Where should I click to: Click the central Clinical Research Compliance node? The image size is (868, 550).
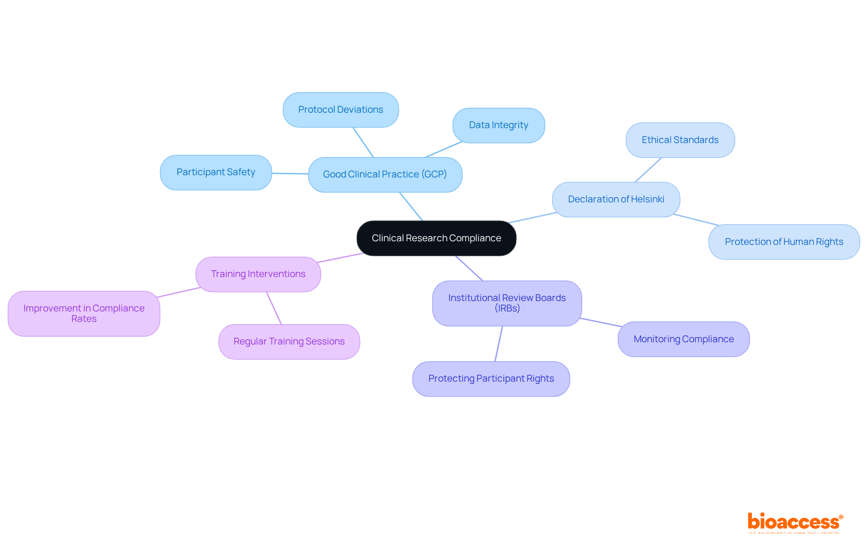pos(436,238)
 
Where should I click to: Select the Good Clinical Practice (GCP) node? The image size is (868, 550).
pos(385,174)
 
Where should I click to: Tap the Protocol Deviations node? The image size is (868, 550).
pos(340,110)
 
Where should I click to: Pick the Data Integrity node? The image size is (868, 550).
pos(498,125)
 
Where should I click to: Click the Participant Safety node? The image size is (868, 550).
pos(216,172)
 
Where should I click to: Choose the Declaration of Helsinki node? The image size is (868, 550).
pos(616,199)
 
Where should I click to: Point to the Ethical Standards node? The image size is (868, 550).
pos(680,140)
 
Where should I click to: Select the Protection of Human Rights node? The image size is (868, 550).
pos(784,242)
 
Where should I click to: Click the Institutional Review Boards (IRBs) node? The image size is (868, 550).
pos(507,303)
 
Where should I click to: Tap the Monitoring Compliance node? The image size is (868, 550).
pos(684,339)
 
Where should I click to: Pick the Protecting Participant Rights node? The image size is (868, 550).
pos(491,378)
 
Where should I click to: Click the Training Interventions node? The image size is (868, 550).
pos(258,274)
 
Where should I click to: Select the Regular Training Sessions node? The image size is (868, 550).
pos(289,341)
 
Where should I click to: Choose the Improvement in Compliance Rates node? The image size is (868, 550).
pos(84,313)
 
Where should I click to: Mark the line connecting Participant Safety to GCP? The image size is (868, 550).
pos(290,173)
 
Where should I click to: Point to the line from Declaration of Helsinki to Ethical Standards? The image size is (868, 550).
pos(648,170)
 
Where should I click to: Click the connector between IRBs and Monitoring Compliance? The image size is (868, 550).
pos(600,322)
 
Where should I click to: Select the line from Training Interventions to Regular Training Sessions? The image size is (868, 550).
pos(274,308)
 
